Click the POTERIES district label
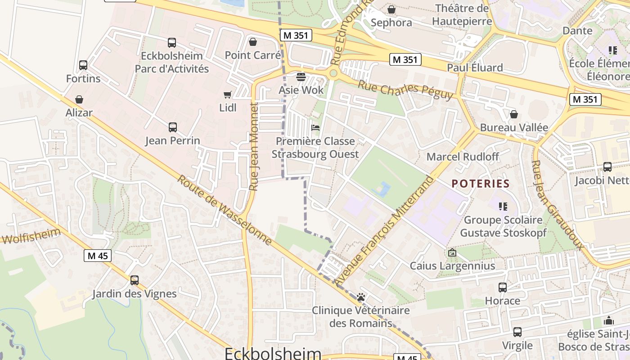480,184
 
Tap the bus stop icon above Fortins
83,65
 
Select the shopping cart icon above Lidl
227,94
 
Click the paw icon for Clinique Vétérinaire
361,297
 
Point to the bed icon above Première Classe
315,128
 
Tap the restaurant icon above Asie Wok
301,77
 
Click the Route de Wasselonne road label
224,210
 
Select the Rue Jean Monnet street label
254,146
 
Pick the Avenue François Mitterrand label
385,231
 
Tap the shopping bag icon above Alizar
79,99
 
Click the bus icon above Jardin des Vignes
134,280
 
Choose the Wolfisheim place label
31,236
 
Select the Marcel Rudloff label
463,157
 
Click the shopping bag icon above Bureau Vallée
514,114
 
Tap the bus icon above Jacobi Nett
607,167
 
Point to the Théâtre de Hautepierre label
462,14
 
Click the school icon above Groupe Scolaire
503,207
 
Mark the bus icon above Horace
503,287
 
